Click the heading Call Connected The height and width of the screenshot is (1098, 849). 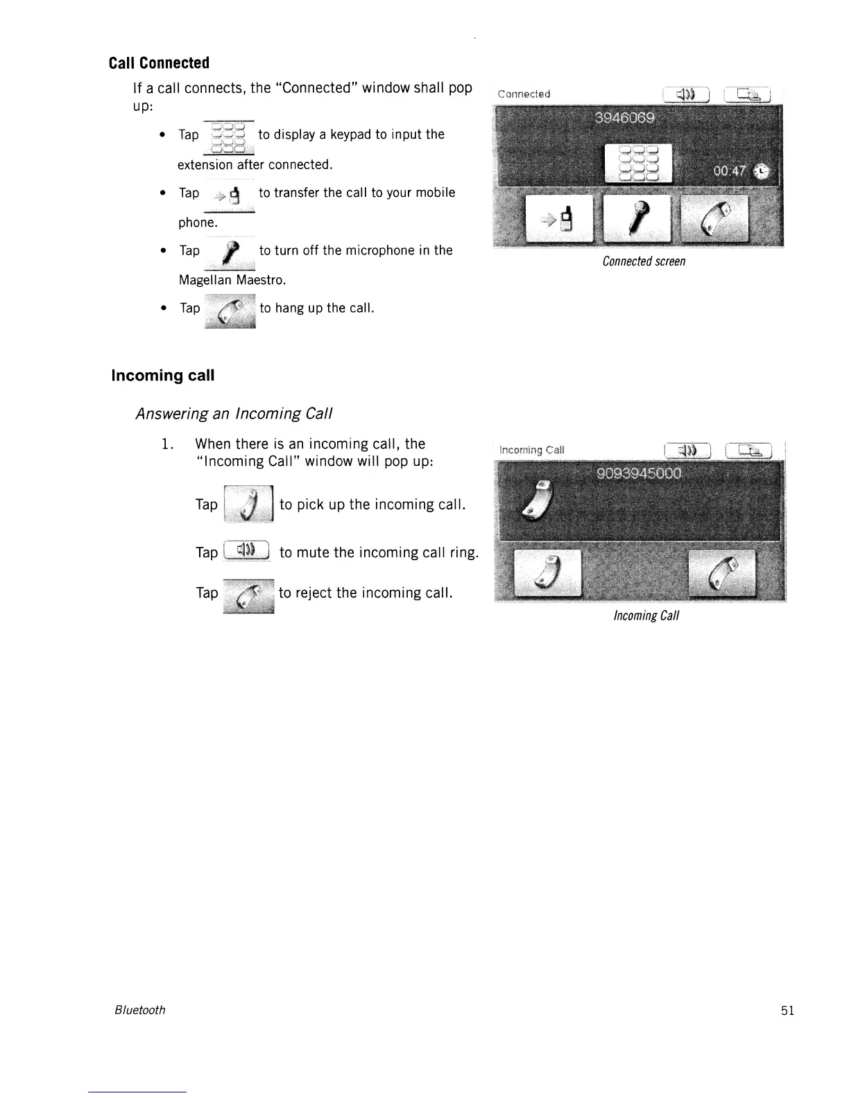pyautogui.click(x=159, y=63)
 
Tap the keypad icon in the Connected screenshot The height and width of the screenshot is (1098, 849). pyautogui.click(x=639, y=163)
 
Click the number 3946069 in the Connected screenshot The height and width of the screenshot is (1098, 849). pyautogui.click(x=624, y=118)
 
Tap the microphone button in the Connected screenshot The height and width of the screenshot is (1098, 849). pyautogui.click(x=637, y=218)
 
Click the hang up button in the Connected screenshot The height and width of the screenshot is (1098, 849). pyautogui.click(x=714, y=218)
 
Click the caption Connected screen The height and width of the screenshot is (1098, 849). pyautogui.click(x=644, y=261)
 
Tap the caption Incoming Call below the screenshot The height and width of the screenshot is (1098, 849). pyautogui.click(x=646, y=616)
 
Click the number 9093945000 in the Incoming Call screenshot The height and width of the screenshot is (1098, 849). pyautogui.click(x=640, y=473)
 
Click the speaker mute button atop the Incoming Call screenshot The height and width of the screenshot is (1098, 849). pyautogui.click(x=687, y=451)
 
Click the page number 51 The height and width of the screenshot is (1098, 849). pyautogui.click(x=787, y=1010)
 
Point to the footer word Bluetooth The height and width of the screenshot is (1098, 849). pyautogui.click(x=139, y=1010)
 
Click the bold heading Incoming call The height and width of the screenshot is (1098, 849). pyautogui.click(x=163, y=376)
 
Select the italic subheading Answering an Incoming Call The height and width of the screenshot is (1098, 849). pyautogui.click(x=234, y=414)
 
